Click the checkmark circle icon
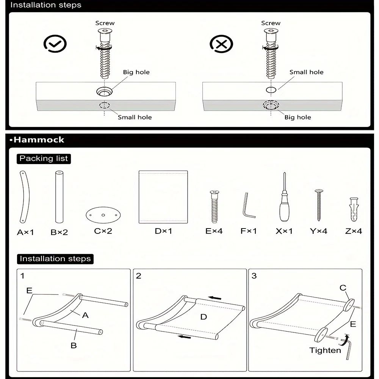[55, 44]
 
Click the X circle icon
[221, 44]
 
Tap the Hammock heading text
[39, 139]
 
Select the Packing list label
[44, 158]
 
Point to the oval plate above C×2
[103, 215]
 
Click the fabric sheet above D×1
[163, 197]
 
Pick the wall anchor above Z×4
[353, 210]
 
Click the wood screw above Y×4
[319, 205]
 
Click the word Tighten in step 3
[325, 350]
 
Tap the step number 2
[138, 276]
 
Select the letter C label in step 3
[343, 288]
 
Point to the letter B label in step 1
[74, 345]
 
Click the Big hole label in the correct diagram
[136, 72]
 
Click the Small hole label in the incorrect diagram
[306, 72]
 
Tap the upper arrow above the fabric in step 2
[215, 298]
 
